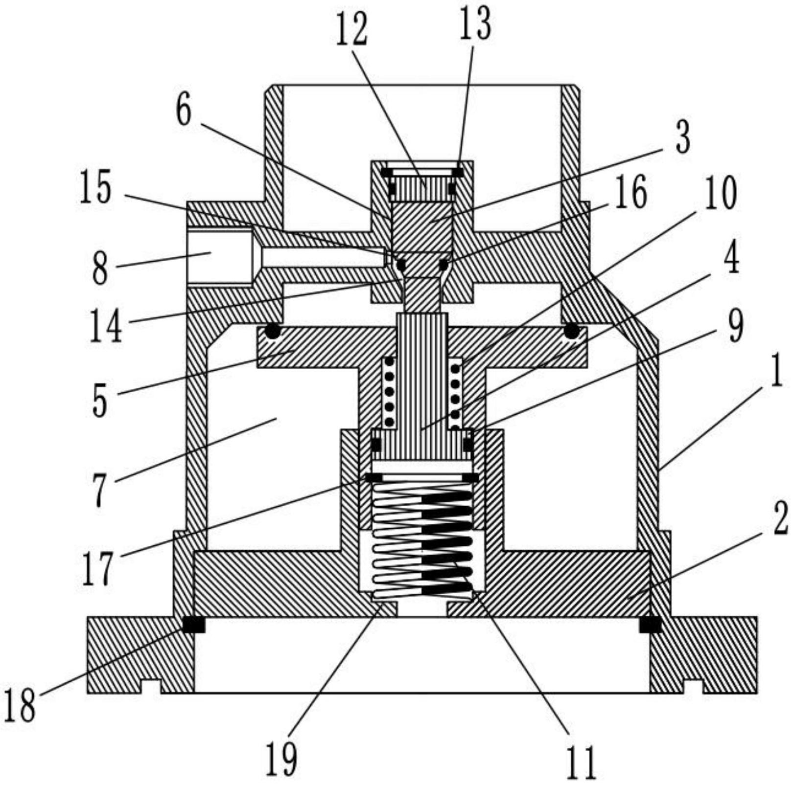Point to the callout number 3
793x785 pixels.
click(682, 137)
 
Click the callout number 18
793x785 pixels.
click(21, 705)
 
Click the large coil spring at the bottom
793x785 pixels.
click(422, 538)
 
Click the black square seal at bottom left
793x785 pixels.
click(194, 625)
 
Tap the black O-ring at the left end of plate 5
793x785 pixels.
click(273, 332)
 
